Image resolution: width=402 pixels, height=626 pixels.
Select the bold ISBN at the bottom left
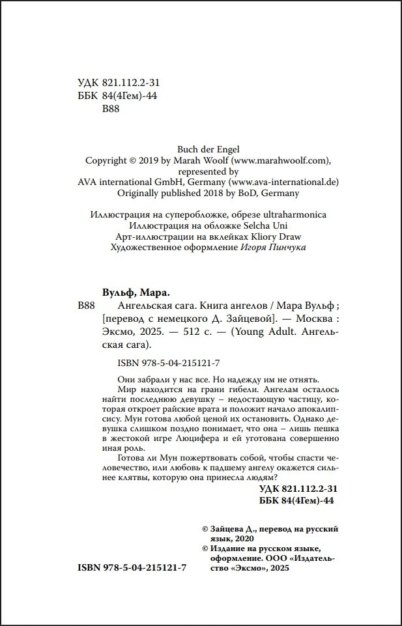pos(132,568)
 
